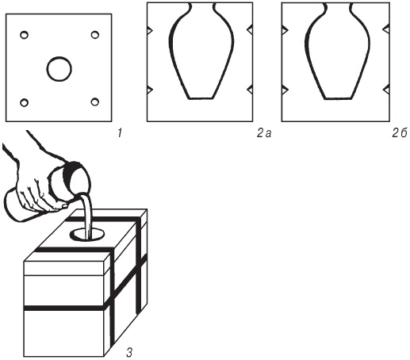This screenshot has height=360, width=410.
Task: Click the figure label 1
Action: click(x=120, y=133)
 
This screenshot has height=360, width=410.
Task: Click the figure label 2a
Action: click(x=264, y=134)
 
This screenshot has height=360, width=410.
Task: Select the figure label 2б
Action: click(x=399, y=133)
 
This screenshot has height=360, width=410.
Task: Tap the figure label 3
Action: click(x=129, y=352)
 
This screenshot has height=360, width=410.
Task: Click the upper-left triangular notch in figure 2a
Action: click(x=150, y=30)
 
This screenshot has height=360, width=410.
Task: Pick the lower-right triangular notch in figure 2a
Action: click(x=250, y=90)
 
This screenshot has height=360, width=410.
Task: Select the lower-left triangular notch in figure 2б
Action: click(x=285, y=90)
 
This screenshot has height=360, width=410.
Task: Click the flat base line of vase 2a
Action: click(x=201, y=98)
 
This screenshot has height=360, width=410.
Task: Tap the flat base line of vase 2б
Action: click(x=339, y=98)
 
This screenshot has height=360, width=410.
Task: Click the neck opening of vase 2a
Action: click(x=202, y=3)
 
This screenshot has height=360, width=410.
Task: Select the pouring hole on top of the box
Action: click(x=87, y=235)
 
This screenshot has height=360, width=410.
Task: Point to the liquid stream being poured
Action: click(x=86, y=216)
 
